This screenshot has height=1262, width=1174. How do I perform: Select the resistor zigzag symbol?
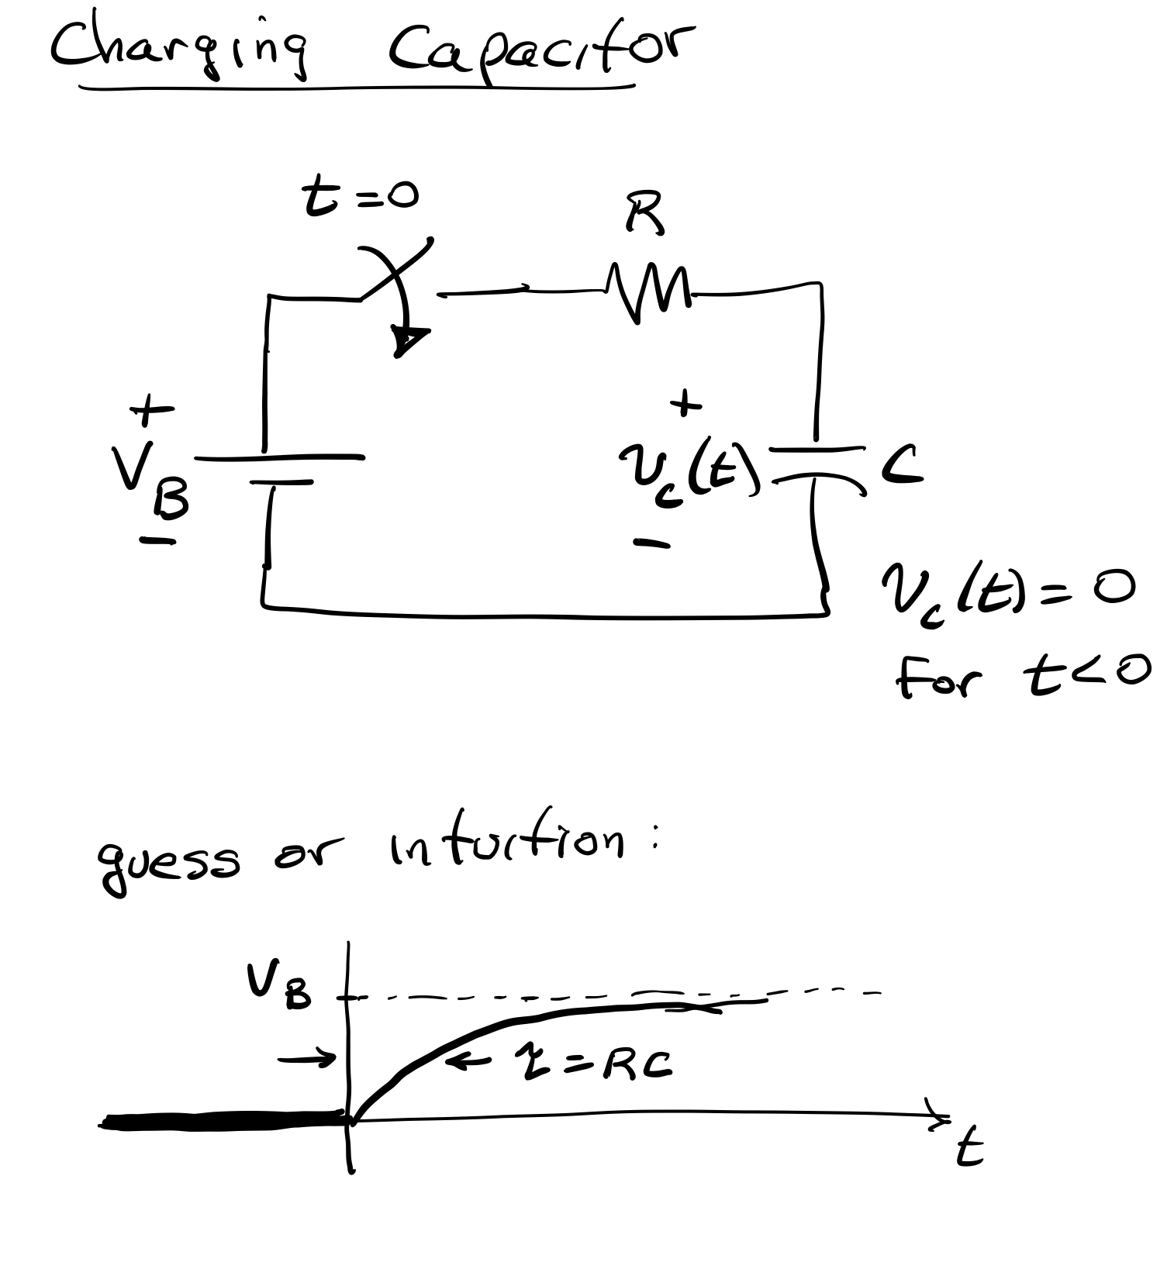point(651,295)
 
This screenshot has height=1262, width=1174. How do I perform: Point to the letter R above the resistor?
point(644,212)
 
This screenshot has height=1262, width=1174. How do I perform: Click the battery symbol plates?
point(279,469)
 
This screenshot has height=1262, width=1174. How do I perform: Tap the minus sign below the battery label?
point(157,541)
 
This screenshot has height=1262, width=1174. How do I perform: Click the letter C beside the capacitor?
point(902,466)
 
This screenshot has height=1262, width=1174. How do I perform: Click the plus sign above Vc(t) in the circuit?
point(685,404)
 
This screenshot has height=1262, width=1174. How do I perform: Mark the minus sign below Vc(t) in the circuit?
point(651,544)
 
